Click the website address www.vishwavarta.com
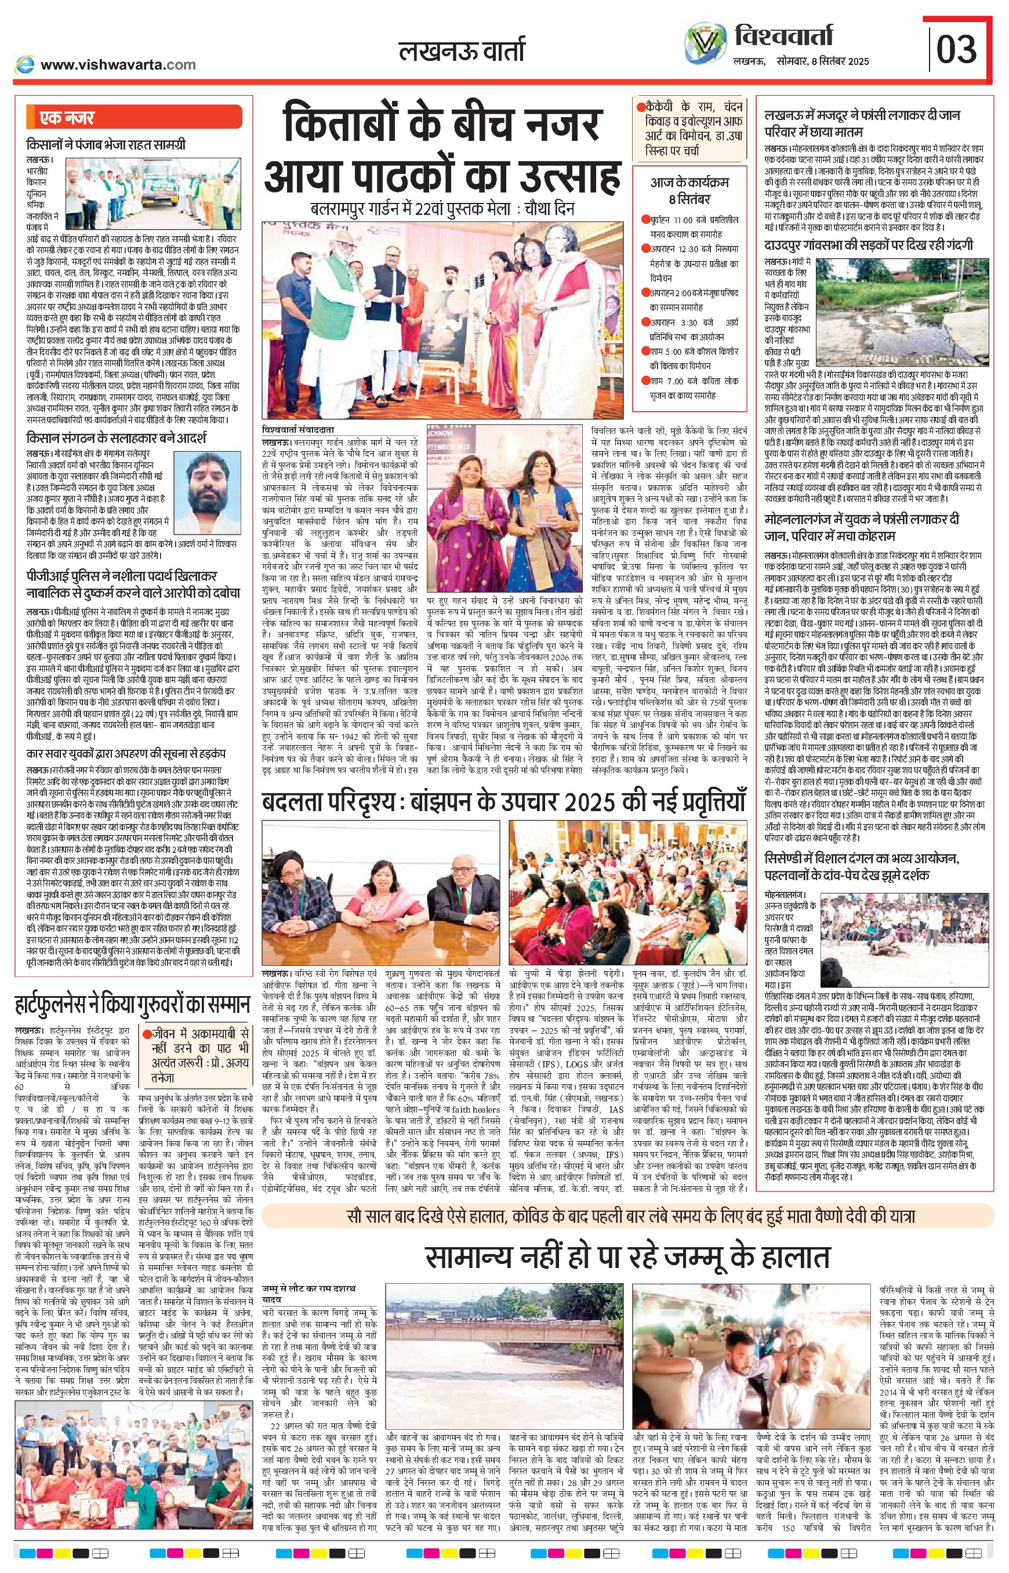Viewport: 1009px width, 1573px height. (118, 65)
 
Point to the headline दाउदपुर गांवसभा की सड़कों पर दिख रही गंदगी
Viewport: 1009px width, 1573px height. (869, 245)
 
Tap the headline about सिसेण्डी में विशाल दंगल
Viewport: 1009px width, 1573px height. (862, 866)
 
